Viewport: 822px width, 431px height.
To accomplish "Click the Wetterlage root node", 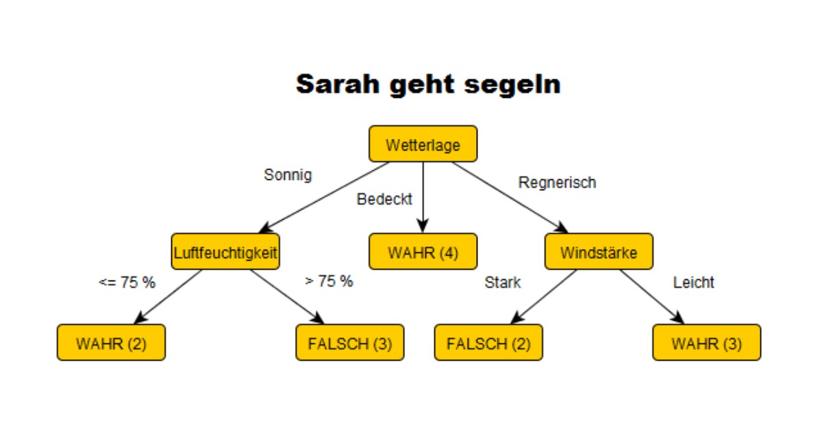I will (x=423, y=144).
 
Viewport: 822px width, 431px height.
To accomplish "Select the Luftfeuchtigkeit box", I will (x=225, y=252).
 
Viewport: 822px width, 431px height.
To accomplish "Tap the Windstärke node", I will (x=599, y=252).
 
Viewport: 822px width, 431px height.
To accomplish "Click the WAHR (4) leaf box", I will (x=423, y=252).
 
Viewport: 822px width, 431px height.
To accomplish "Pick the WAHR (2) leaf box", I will (x=111, y=343).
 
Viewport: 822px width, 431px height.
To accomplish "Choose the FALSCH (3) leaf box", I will (x=349, y=343).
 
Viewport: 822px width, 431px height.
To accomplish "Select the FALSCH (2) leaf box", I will (x=488, y=343).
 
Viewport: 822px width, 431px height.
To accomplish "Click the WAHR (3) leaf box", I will (x=706, y=343).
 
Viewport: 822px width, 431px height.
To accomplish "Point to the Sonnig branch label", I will (x=288, y=175).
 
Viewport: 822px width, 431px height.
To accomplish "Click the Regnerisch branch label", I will (x=557, y=183).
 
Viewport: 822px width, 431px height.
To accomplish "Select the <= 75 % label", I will (x=127, y=282).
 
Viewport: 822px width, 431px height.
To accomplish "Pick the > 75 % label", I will (x=329, y=281).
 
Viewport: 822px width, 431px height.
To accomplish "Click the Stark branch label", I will (x=503, y=283).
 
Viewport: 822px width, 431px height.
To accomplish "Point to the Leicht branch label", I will (x=693, y=283).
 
